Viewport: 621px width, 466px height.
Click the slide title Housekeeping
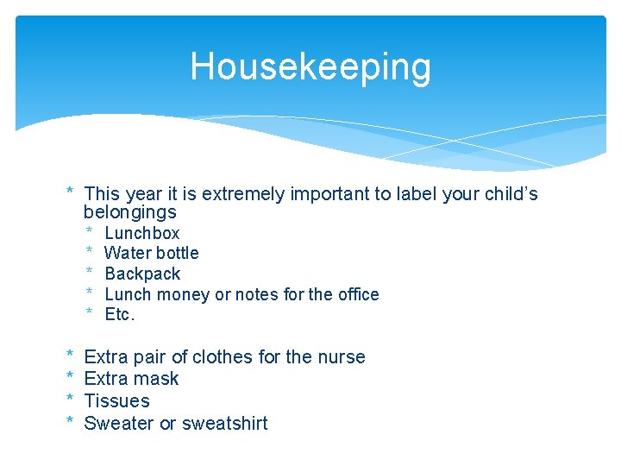pyautogui.click(x=310, y=66)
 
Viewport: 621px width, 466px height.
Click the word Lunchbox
pyautogui.click(x=141, y=233)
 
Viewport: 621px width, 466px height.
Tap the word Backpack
pyautogui.click(x=142, y=274)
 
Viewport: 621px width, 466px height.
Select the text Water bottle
pyautogui.click(x=151, y=253)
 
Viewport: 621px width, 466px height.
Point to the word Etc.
pyautogui.click(x=120, y=315)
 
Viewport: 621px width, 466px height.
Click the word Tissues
pyautogui.click(x=116, y=401)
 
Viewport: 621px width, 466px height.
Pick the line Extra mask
pyautogui.click(x=131, y=379)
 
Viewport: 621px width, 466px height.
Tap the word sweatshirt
pyautogui.click(x=225, y=424)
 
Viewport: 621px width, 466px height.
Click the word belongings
pyautogui.click(x=129, y=212)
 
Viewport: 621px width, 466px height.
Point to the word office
pyautogui.click(x=357, y=294)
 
